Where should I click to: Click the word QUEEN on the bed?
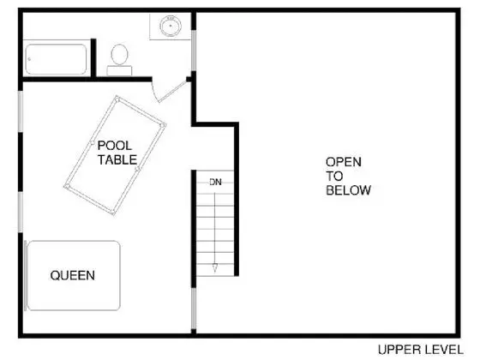pyautogui.click(x=73, y=275)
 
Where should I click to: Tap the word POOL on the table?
pyautogui.click(x=115, y=146)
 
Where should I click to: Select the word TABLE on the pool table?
pyautogui.click(x=117, y=159)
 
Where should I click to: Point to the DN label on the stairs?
pyautogui.click(x=215, y=182)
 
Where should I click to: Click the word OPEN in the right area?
pyautogui.click(x=344, y=162)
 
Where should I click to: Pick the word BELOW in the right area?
pyautogui.click(x=348, y=190)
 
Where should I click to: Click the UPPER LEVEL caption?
pyautogui.click(x=421, y=350)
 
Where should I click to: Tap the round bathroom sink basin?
pyautogui.click(x=171, y=26)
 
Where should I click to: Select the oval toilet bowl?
pyautogui.click(x=119, y=55)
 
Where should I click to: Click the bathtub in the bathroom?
pyautogui.click(x=56, y=59)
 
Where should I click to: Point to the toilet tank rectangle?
pyautogui.click(x=119, y=70)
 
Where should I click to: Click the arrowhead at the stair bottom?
pyautogui.click(x=215, y=267)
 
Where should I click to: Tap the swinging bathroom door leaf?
pyautogui.click(x=172, y=92)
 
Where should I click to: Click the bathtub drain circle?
pyautogui.click(x=29, y=59)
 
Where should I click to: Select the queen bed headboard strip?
pyautogui.click(x=26, y=275)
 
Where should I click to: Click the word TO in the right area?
pyautogui.click(x=334, y=176)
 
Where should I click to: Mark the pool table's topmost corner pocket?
pyautogui.click(x=117, y=99)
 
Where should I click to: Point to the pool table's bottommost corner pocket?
pyautogui.click(x=112, y=213)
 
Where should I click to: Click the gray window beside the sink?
pyautogui.click(x=194, y=51)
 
